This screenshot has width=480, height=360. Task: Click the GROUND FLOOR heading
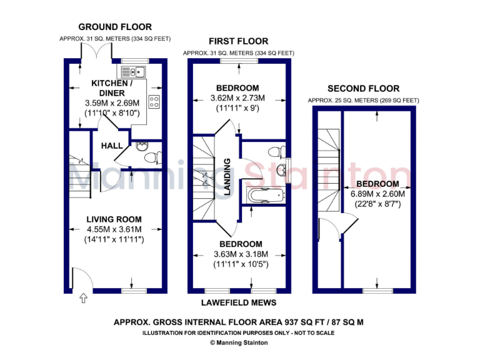[x=115, y=27]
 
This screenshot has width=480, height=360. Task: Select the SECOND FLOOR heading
[x=363, y=89]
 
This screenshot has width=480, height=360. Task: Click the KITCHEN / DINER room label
[x=112, y=87]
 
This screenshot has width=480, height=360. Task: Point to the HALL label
[x=112, y=146]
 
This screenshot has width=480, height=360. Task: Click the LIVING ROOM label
[x=114, y=219]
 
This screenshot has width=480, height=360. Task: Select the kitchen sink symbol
[x=134, y=71]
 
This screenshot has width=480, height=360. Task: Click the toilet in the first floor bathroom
[x=276, y=151]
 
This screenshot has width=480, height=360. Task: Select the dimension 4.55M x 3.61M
[x=114, y=229]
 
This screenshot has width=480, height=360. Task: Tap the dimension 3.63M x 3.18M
[x=241, y=254]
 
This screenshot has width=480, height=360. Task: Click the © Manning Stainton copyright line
[x=238, y=342]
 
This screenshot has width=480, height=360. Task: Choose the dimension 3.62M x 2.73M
[x=237, y=98]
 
